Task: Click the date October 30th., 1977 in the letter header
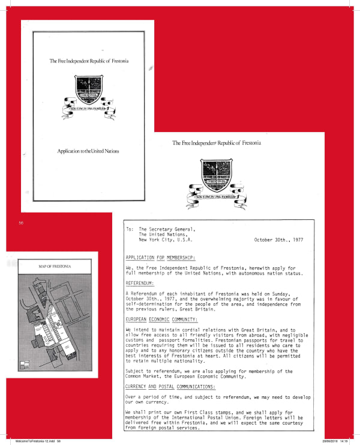[x=281, y=240]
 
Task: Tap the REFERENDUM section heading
[x=139, y=282]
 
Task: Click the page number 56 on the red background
[x=20, y=223]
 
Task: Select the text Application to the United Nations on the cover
[x=88, y=151]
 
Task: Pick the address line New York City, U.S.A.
[x=165, y=240]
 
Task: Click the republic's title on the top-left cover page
[x=89, y=61]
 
